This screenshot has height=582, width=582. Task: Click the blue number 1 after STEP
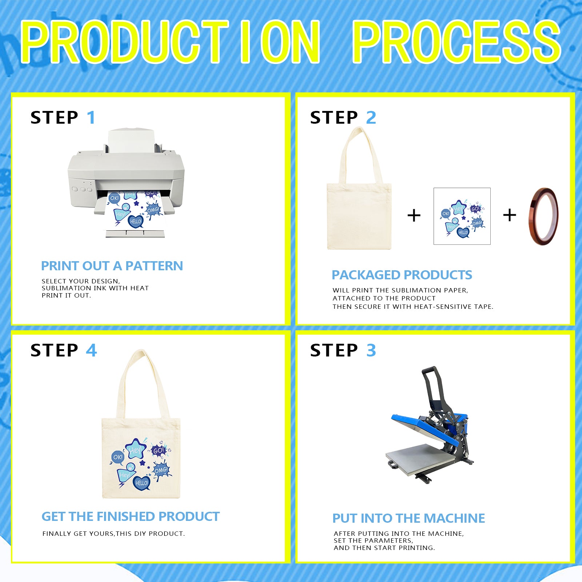[91, 117]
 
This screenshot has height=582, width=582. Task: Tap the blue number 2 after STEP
[371, 117]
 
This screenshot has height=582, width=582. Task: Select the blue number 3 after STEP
[371, 350]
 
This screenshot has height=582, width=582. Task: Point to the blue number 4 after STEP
[91, 350]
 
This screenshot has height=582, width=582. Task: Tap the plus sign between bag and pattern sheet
[414, 215]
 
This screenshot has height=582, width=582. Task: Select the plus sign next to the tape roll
[510, 215]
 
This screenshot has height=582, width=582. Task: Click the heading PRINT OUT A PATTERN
[112, 266]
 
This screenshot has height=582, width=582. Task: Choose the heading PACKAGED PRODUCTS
[402, 275]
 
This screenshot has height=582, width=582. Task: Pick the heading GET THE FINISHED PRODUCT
[131, 517]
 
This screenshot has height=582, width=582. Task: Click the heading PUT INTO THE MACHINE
[409, 518]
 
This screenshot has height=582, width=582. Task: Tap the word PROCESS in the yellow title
[457, 42]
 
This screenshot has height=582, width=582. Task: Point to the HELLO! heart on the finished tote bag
[141, 483]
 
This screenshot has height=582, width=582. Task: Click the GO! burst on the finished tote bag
[159, 451]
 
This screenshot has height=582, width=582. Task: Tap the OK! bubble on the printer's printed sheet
[114, 198]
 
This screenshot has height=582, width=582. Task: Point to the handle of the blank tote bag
[360, 155]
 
